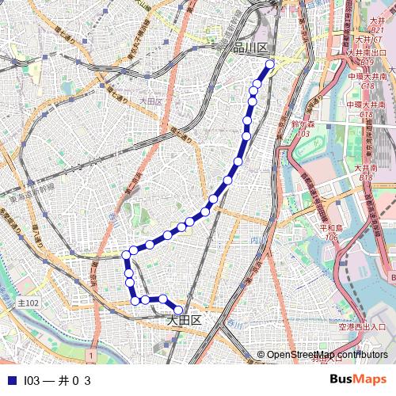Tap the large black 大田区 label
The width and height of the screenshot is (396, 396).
(x=184, y=321)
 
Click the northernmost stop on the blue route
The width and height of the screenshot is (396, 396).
(x=270, y=64)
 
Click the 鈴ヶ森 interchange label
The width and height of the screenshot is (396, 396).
(x=303, y=124)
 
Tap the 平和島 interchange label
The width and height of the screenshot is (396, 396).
(x=330, y=228)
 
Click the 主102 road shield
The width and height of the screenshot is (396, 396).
(x=28, y=303)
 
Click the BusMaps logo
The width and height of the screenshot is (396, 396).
(x=358, y=380)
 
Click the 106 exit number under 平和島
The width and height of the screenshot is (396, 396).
(x=331, y=237)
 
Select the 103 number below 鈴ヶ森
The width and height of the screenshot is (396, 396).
(x=304, y=133)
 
